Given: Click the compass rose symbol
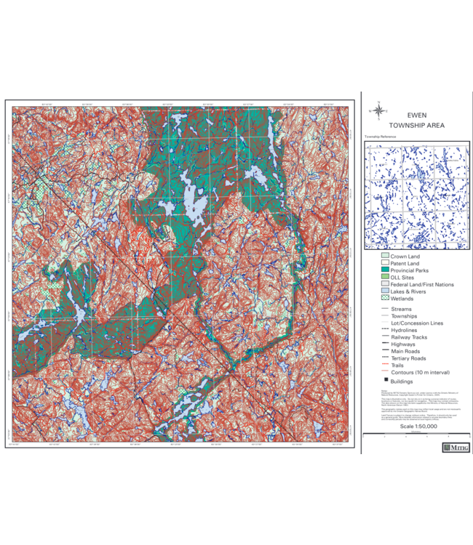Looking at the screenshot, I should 378,111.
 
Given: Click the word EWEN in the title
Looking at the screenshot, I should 417,115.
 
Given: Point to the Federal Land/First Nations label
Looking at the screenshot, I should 421,284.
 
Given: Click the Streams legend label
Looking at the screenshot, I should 401,309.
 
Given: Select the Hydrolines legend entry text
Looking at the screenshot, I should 404,330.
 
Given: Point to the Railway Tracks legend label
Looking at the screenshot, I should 408,337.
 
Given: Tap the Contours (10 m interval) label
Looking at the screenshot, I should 420,372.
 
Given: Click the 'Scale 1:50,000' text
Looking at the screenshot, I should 416,427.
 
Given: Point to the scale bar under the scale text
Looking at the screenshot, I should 416,435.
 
